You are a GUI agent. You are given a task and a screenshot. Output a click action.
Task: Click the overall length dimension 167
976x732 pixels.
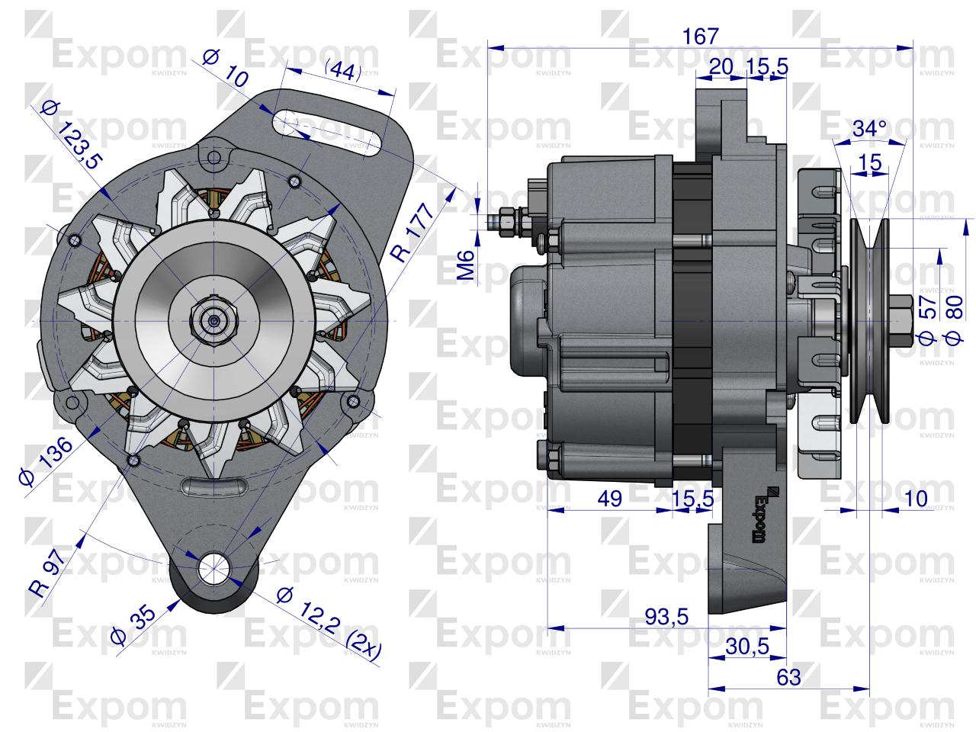[701, 36]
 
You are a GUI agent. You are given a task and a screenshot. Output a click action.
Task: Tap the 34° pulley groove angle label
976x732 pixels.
[869, 130]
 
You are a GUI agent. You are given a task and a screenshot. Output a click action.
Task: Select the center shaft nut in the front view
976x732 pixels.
[216, 320]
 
